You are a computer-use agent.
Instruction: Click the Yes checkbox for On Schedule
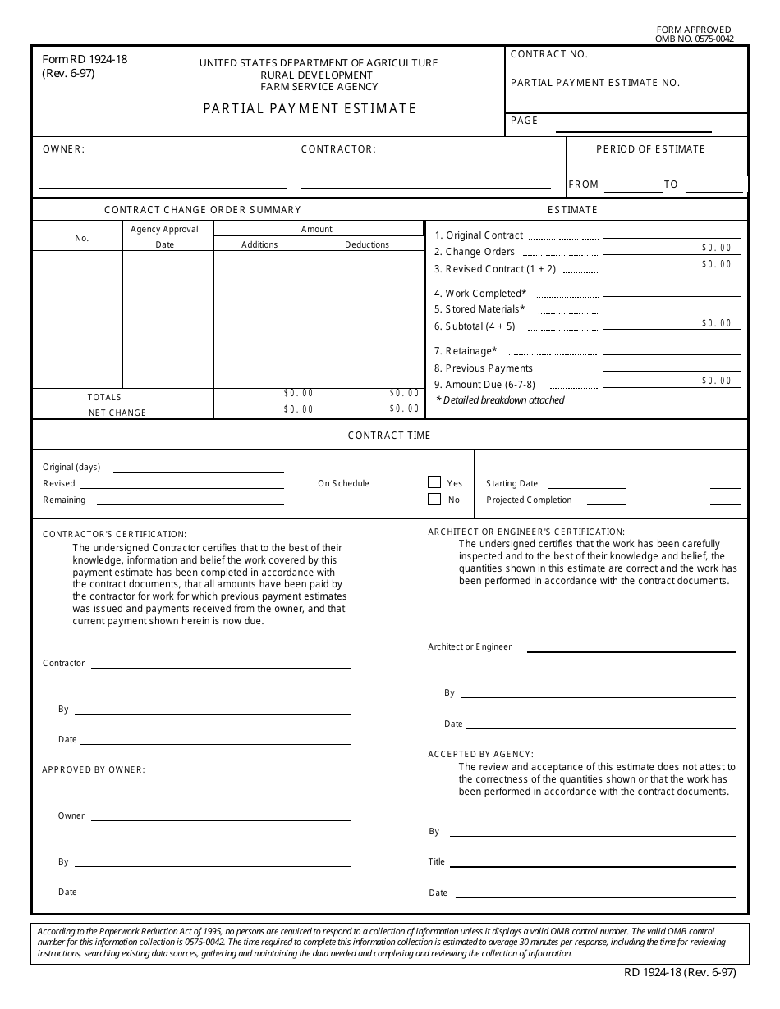(x=434, y=482)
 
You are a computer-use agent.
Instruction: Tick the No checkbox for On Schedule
(x=434, y=499)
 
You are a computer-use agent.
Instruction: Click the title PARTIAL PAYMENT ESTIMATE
(x=310, y=108)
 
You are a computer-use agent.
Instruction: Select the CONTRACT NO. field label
(x=548, y=54)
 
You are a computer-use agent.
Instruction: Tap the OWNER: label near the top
(x=64, y=149)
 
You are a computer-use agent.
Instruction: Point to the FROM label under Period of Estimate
(x=583, y=185)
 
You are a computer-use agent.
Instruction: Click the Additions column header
(x=259, y=244)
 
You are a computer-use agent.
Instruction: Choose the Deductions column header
(x=367, y=244)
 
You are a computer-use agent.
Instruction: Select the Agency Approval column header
(x=164, y=230)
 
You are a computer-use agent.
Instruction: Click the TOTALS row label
(x=104, y=397)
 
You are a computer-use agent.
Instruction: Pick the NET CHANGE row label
(x=117, y=413)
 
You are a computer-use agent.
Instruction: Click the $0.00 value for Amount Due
(x=716, y=381)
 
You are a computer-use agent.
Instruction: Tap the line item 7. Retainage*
(x=466, y=351)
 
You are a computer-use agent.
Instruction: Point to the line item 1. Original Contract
(x=479, y=235)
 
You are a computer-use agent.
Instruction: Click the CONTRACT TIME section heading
(x=389, y=436)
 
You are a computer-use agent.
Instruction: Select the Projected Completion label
(x=529, y=500)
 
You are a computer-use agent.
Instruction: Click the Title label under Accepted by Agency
(x=437, y=861)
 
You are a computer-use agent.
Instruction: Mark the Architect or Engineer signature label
(x=470, y=646)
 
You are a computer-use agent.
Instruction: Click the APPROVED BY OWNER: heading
(x=94, y=769)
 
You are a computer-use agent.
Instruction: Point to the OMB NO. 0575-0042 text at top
(x=694, y=39)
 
